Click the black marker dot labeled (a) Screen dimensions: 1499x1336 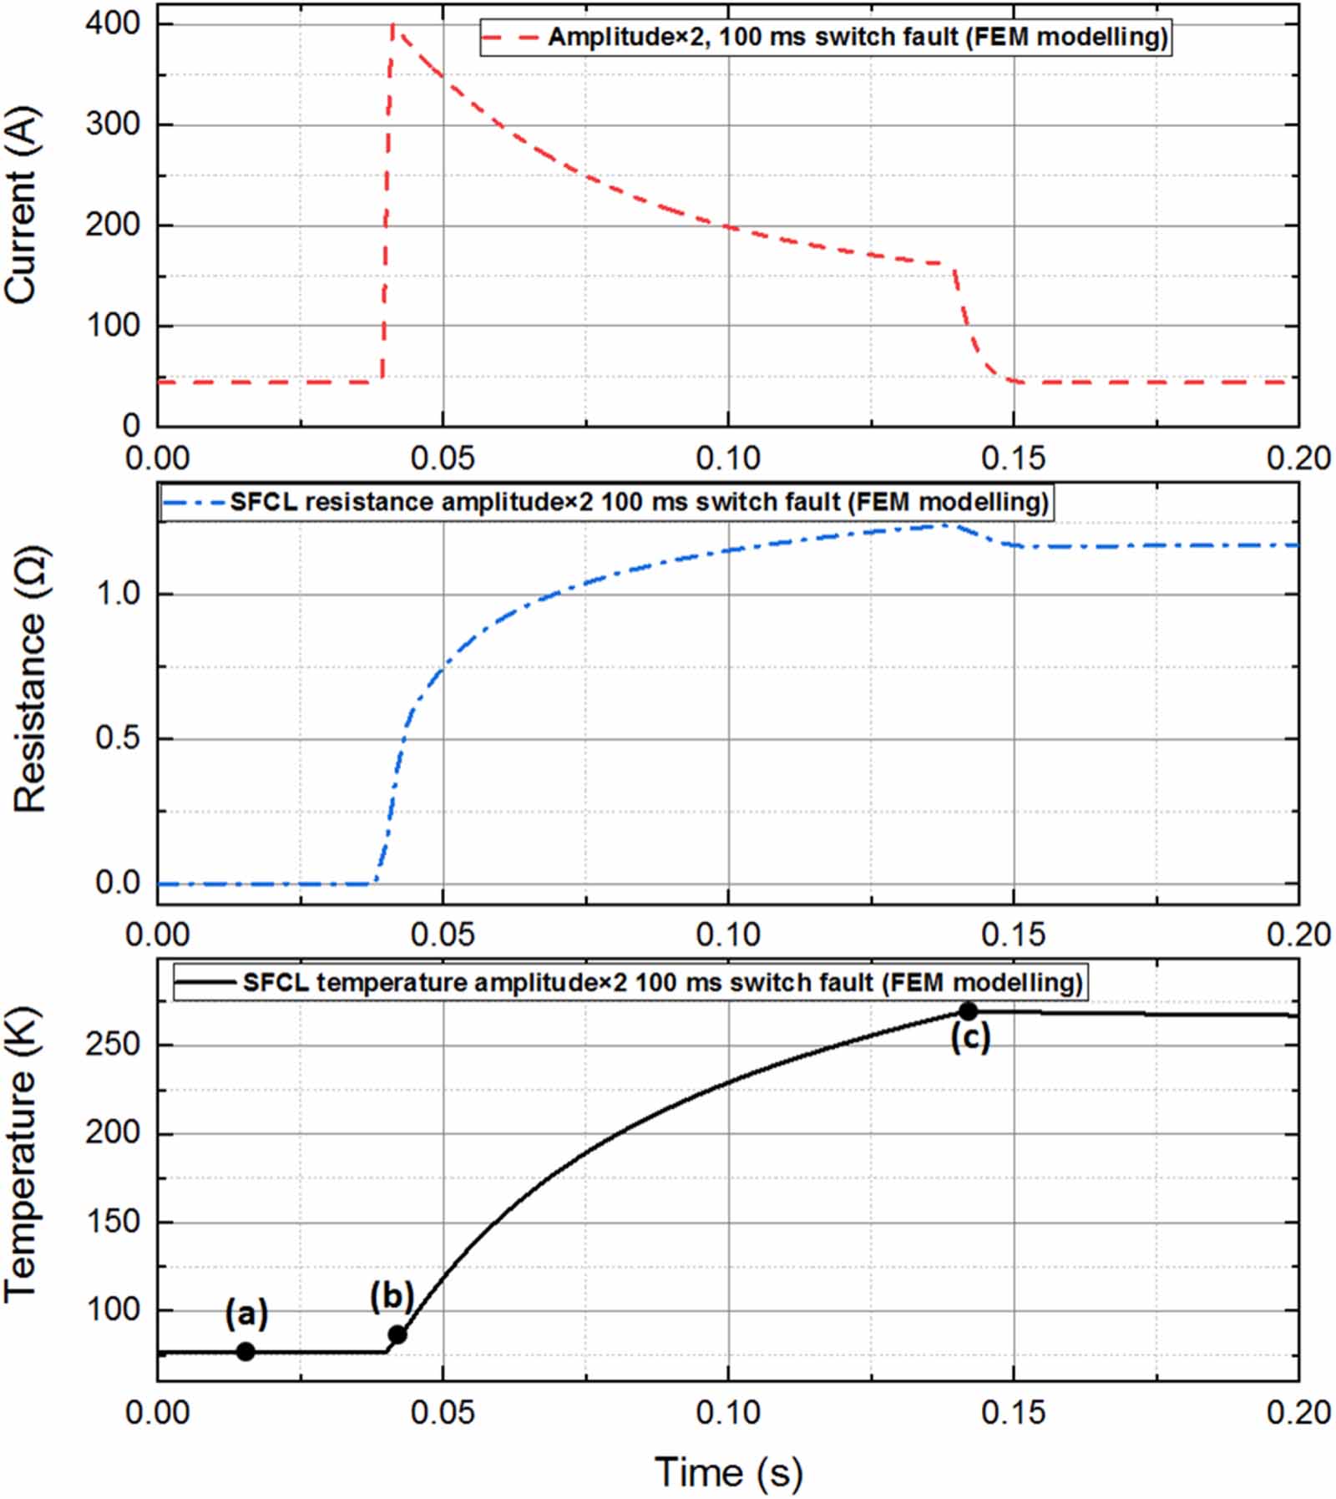[x=245, y=1350]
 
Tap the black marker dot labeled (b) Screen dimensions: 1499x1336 [x=397, y=1334]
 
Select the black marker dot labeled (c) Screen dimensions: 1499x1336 [x=968, y=1011]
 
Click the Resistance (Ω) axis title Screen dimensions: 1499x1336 [x=29, y=679]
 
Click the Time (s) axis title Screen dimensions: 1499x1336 [x=727, y=1471]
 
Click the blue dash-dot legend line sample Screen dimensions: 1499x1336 [x=194, y=503]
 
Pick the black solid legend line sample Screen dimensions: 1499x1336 [x=205, y=982]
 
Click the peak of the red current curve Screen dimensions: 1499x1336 [x=392, y=25]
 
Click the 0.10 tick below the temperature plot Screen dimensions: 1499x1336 [x=727, y=1411]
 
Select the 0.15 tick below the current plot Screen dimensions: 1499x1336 [x=1012, y=458]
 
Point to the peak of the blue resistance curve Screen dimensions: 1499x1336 [x=944, y=524]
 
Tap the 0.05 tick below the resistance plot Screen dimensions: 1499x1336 [x=443, y=934]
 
